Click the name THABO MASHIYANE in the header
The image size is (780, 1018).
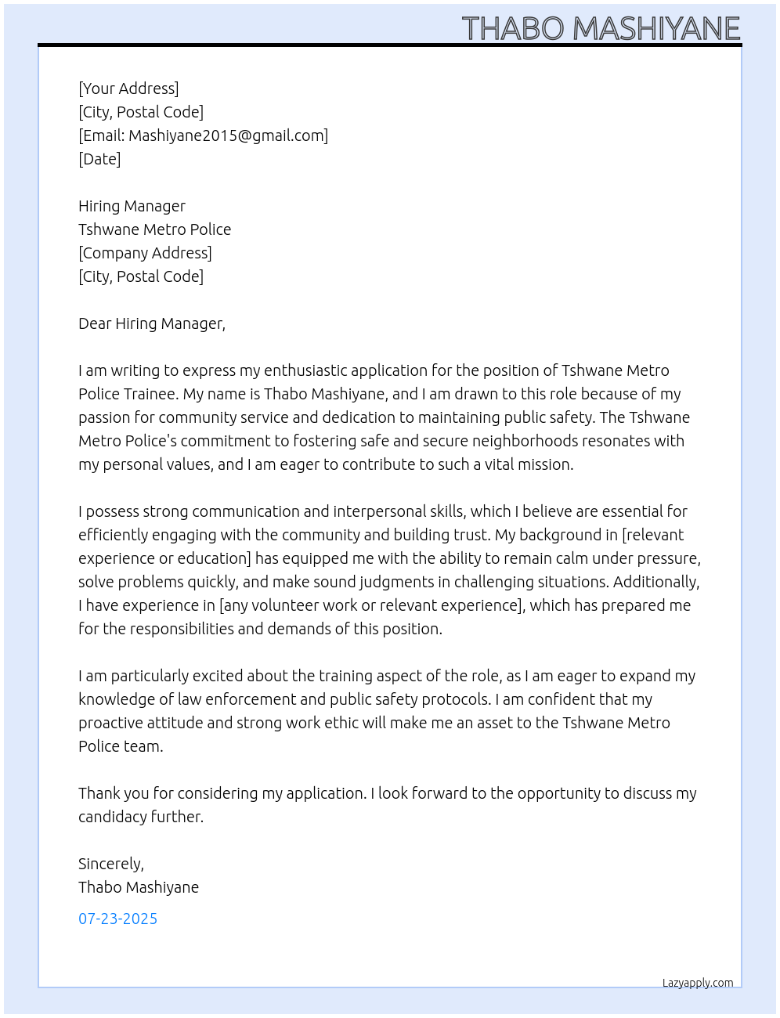[x=601, y=29]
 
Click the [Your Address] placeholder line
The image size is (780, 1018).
[x=128, y=88]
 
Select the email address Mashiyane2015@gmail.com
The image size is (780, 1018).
[x=226, y=135]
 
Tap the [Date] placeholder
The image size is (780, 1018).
[x=99, y=159]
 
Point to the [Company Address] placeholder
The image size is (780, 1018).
[x=145, y=253]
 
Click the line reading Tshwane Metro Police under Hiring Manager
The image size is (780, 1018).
[x=154, y=229]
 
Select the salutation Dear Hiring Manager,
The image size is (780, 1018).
[x=151, y=323]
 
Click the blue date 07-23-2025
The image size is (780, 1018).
[x=117, y=919]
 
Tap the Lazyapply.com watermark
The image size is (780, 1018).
[x=698, y=983]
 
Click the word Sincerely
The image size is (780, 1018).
[x=110, y=864]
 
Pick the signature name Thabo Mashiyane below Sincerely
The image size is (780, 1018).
[x=139, y=887]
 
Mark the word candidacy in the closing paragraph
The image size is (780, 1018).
[x=112, y=817]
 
